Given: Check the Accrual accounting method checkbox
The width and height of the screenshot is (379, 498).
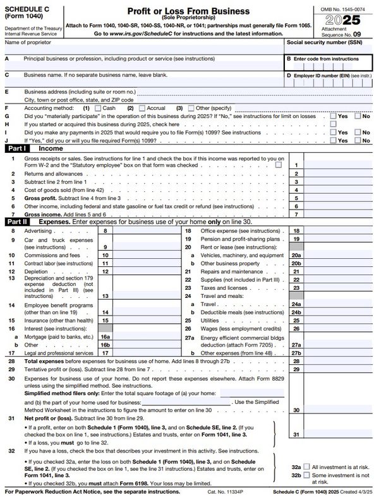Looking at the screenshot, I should tap(141, 108).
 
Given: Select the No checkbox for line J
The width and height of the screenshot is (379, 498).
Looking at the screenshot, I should tap(358, 140).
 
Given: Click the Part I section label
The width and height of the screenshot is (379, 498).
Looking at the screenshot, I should tap(16, 148).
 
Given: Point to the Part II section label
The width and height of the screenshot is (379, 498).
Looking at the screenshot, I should tap(17, 222).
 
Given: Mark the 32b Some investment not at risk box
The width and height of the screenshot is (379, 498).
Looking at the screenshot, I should tap(306, 475).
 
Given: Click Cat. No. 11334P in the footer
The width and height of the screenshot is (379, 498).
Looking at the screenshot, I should tap(207, 490).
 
